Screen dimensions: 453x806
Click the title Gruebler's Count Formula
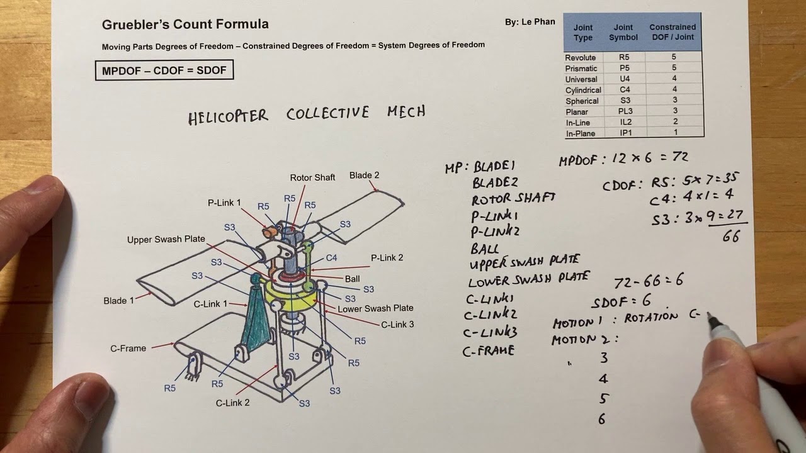(185, 25)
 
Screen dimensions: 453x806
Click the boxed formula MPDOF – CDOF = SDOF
(164, 70)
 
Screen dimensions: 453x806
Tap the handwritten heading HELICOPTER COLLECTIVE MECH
(307, 115)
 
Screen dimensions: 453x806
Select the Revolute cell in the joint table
(581, 57)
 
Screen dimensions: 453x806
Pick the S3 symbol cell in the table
(620, 101)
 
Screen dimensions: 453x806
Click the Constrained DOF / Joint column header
(672, 32)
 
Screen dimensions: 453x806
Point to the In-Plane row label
(581, 133)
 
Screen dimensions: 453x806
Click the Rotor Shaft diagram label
(312, 177)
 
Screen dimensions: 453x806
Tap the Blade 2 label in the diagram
(365, 176)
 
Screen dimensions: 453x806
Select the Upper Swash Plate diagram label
(166, 240)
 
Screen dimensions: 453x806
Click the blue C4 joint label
(331, 258)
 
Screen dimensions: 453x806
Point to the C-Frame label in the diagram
(128, 348)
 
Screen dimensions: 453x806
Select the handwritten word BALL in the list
(485, 249)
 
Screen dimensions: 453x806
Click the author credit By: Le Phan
(530, 22)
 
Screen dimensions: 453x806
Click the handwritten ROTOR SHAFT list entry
(513, 199)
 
